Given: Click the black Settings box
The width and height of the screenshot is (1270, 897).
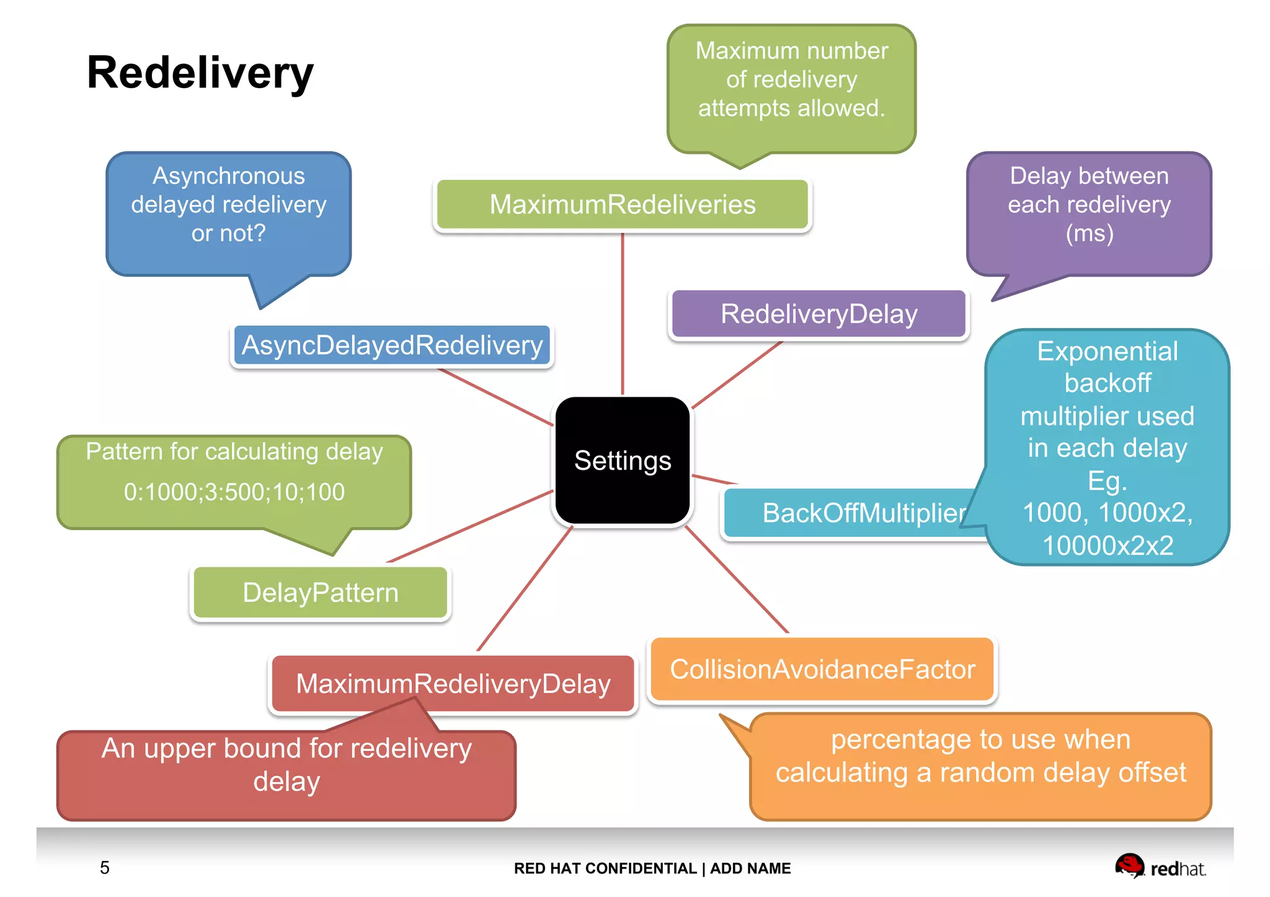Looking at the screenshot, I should click(x=622, y=461).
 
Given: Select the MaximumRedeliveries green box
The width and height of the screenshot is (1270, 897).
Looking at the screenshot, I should click(x=622, y=205).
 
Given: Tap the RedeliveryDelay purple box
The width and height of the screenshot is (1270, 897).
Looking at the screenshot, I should click(x=819, y=314).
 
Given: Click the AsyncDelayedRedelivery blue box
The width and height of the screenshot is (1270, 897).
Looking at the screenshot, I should click(x=392, y=345).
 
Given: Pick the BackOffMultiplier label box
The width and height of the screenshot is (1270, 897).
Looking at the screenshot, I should click(x=856, y=513).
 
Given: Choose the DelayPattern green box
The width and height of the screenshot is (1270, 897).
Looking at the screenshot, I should click(x=320, y=593).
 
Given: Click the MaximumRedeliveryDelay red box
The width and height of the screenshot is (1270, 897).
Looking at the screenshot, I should click(x=453, y=684).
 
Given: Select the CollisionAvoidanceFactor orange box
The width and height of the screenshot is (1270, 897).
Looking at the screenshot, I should click(x=822, y=669).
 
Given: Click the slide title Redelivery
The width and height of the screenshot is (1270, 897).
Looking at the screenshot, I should click(x=200, y=73).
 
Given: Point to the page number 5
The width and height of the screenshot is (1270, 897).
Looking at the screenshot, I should click(x=105, y=867).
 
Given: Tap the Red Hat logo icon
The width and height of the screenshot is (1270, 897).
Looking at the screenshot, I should click(x=1129, y=865).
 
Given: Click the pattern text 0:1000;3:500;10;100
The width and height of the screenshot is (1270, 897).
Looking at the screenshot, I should click(x=234, y=492).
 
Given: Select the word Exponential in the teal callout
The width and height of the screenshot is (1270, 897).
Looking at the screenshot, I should click(x=1108, y=351).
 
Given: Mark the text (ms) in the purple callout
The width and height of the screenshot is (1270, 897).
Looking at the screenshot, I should click(x=1089, y=234).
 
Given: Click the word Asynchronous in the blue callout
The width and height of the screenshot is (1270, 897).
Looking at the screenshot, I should click(x=229, y=176).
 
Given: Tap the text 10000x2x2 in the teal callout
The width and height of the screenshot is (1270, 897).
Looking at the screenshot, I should click(x=1108, y=546).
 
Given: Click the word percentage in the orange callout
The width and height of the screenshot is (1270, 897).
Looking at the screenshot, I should click(x=887, y=740).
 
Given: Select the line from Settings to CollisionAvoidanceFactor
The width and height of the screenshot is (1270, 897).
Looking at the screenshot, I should click(x=736, y=580).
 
